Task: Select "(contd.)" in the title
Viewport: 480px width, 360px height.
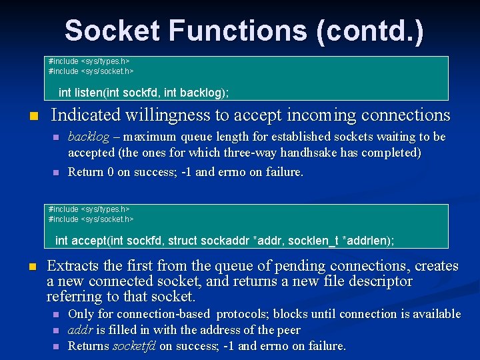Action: click(370, 31)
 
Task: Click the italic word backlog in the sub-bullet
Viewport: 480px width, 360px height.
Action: click(89, 137)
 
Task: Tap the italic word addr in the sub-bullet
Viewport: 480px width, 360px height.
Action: click(79, 330)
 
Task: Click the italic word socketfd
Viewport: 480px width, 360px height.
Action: click(129, 346)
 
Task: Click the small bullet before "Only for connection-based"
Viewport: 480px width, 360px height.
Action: click(57, 315)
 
